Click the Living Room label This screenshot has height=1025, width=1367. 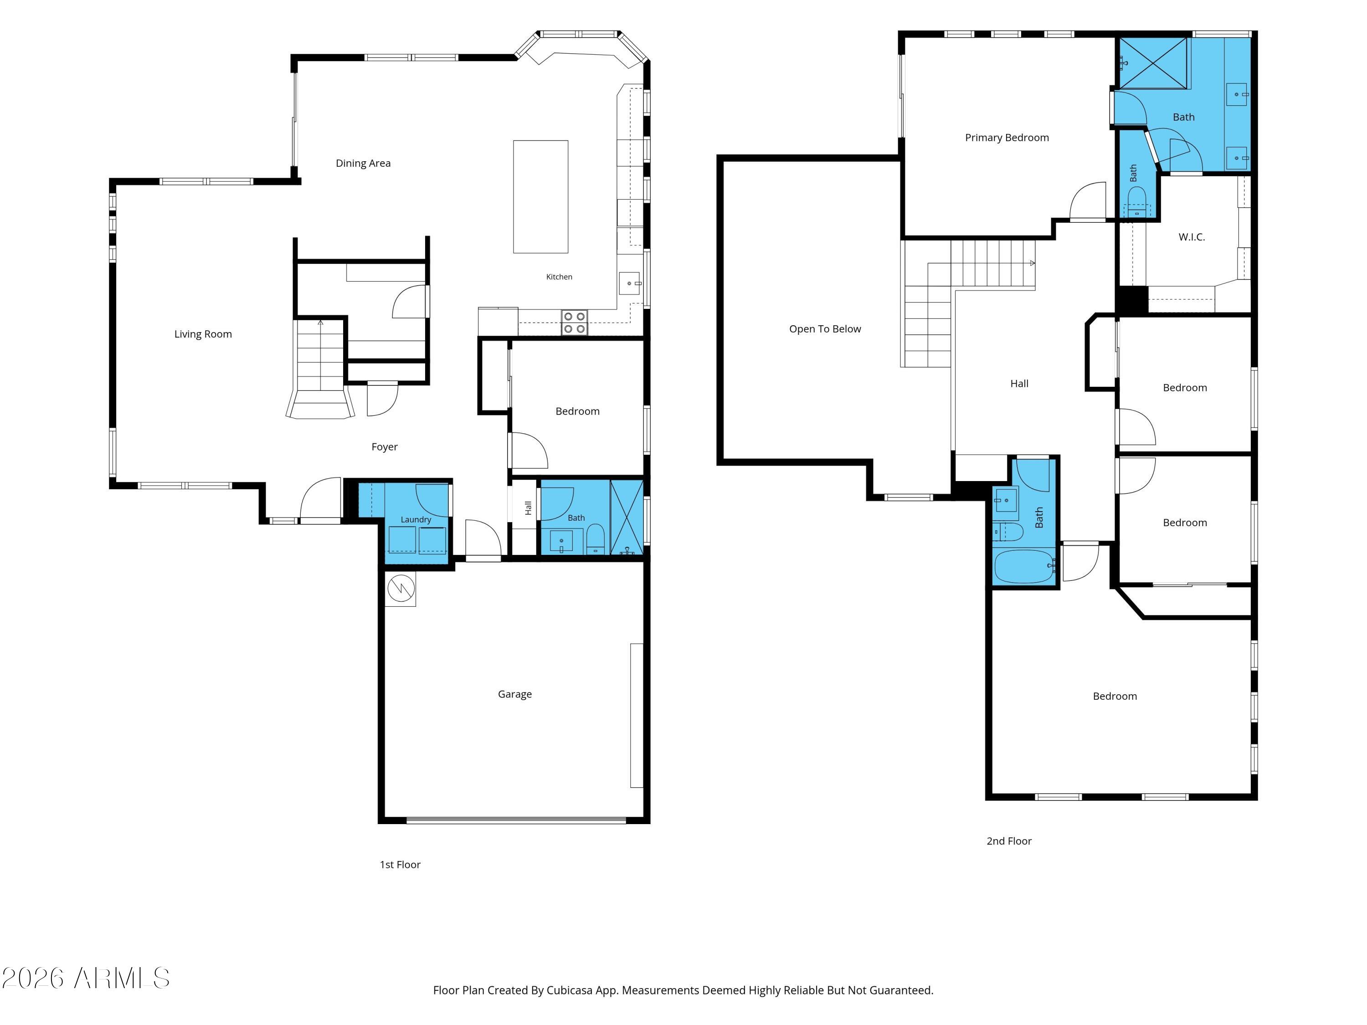(x=203, y=334)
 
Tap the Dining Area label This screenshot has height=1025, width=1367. (x=363, y=163)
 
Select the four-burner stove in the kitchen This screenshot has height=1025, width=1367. (x=574, y=323)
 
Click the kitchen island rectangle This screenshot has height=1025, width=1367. (x=541, y=196)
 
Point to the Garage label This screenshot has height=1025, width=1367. (x=515, y=694)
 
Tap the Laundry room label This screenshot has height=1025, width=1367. (x=416, y=520)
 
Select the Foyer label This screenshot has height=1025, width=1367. (x=385, y=447)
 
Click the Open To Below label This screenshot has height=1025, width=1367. (x=825, y=329)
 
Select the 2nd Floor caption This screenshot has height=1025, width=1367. (x=1009, y=841)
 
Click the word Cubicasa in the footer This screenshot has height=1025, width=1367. (x=569, y=990)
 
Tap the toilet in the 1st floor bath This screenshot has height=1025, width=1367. (x=595, y=539)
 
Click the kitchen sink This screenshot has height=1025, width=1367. (x=630, y=283)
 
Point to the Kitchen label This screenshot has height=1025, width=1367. (x=559, y=277)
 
